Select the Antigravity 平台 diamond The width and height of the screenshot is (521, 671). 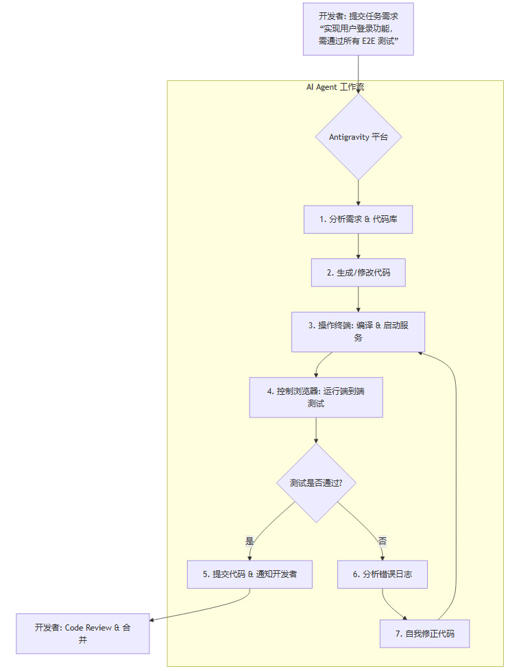tap(358, 136)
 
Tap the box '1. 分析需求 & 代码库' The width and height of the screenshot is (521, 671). tap(358, 219)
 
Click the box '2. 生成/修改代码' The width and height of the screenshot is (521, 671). tap(358, 272)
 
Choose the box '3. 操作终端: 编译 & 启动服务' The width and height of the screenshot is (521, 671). tap(358, 332)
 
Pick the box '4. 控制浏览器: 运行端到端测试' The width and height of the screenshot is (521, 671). tap(315, 397)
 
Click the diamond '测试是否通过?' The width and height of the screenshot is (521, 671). tap(315, 483)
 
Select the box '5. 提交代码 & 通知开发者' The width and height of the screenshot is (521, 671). tap(250, 574)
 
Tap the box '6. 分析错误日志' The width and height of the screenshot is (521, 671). tap(382, 574)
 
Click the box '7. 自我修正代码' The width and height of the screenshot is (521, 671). tap(424, 633)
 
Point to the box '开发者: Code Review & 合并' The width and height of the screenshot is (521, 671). tap(82, 633)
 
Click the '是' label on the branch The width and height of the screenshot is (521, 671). tap(250, 541)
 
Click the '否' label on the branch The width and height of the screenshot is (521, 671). tap(382, 541)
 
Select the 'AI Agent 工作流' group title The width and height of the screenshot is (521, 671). tap(335, 87)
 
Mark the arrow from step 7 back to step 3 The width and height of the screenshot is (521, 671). tap(456, 480)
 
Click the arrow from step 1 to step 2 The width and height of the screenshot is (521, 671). tap(358, 246)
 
